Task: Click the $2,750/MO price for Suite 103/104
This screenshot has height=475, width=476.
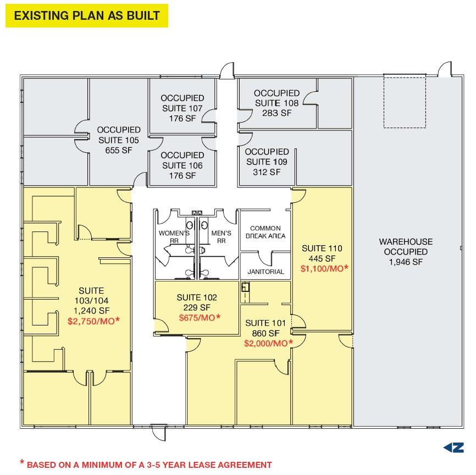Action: (x=93, y=321)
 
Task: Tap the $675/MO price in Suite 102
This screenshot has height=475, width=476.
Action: (x=200, y=318)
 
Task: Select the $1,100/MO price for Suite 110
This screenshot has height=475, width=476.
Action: (x=324, y=268)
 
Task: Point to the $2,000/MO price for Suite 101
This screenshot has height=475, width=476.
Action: (x=269, y=343)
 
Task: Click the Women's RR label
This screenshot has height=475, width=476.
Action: (x=174, y=237)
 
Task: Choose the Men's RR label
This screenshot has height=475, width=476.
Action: (x=221, y=237)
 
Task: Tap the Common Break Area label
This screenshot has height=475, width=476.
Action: (x=265, y=232)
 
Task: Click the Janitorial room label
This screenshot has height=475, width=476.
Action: (x=265, y=272)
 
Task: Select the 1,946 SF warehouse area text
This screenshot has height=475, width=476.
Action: (x=406, y=262)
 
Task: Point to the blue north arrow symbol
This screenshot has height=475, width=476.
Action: (x=453, y=448)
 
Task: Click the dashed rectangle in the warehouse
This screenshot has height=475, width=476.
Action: (x=405, y=102)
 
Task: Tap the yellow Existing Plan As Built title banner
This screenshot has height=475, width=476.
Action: (x=87, y=15)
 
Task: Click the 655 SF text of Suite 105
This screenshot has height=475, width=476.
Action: (x=119, y=150)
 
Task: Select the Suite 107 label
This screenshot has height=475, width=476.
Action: (x=182, y=108)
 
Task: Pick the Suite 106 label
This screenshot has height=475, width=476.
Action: (x=182, y=165)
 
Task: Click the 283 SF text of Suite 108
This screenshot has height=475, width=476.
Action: (x=276, y=113)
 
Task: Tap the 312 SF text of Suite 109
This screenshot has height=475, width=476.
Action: (x=267, y=172)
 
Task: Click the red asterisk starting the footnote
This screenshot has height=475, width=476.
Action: (x=22, y=462)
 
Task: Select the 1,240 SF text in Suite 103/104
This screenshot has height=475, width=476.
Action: (x=91, y=311)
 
